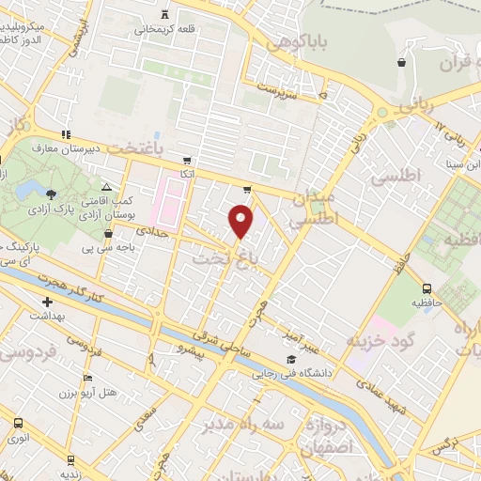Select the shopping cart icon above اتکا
188,160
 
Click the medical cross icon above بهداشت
47,303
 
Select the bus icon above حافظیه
427,289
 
